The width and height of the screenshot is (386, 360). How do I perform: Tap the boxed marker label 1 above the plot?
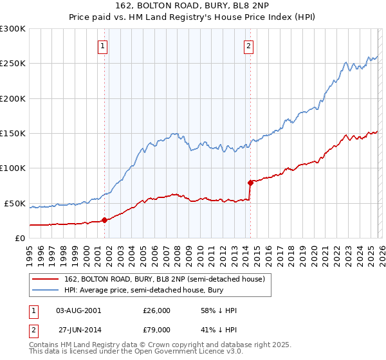(x=104, y=46)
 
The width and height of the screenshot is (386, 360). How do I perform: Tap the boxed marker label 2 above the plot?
(x=249, y=46)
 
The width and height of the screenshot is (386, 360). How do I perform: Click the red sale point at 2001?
(x=104, y=220)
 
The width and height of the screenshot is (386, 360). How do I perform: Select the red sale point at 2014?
(x=250, y=183)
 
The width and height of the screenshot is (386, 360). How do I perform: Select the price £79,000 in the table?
(x=156, y=329)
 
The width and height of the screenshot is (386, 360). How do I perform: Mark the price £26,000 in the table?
(x=156, y=310)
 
